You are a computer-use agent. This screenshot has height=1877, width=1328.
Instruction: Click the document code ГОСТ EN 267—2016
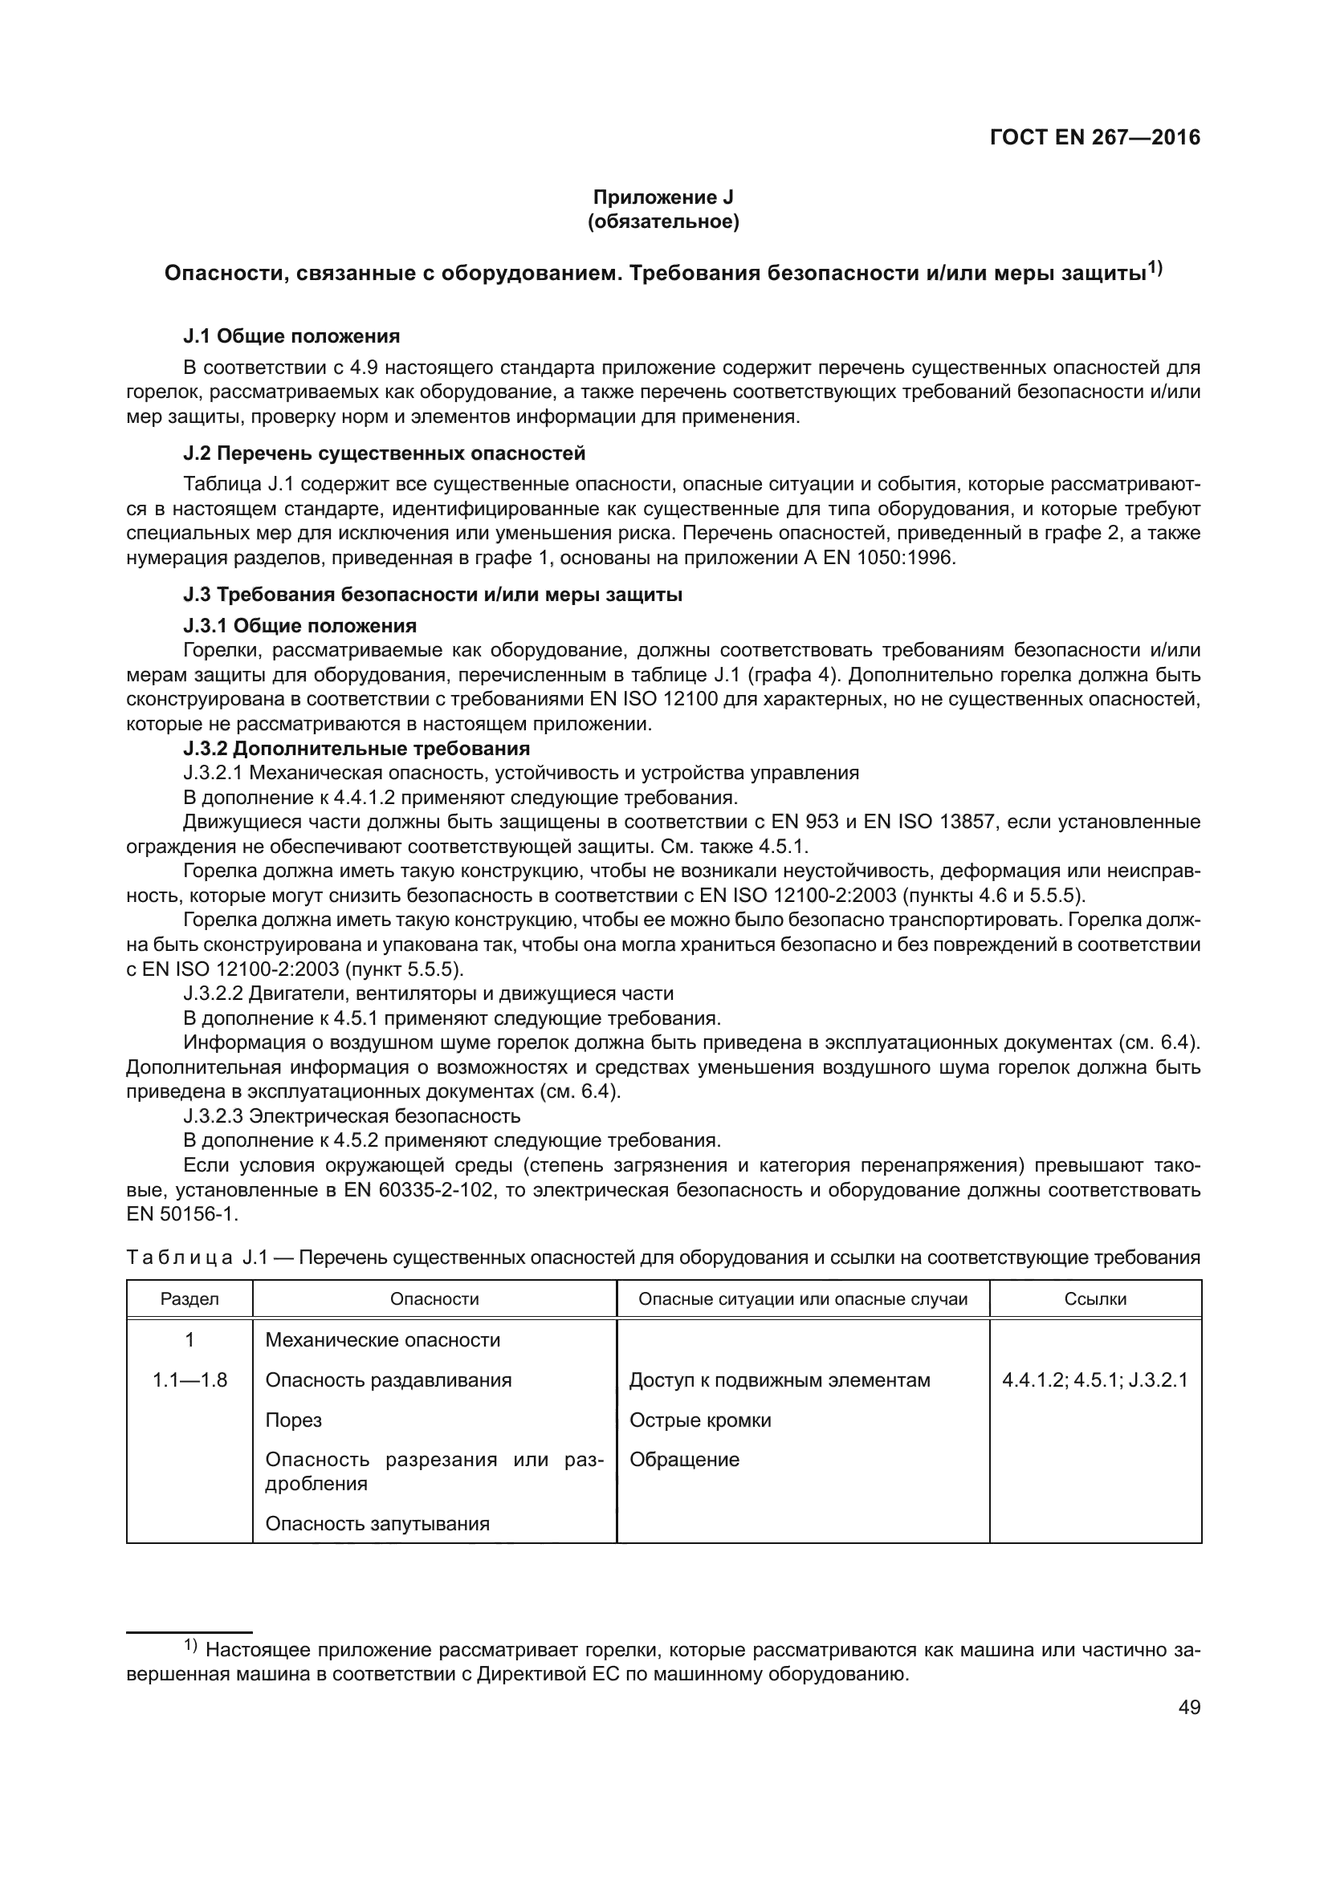point(1094,137)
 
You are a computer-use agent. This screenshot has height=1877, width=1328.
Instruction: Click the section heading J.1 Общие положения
point(291,336)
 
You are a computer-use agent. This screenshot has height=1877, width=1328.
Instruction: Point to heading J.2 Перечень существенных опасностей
point(385,453)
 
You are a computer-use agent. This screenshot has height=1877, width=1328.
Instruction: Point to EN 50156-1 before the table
point(181,1214)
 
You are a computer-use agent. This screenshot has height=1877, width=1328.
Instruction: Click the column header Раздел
point(189,1299)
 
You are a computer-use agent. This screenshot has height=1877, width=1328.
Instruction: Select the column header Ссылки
point(1095,1299)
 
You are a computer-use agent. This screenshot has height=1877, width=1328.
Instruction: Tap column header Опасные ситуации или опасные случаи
point(802,1299)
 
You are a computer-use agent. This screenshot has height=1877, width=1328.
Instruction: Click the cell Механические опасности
point(383,1340)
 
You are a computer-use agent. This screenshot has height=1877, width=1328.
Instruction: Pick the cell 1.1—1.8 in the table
point(189,1380)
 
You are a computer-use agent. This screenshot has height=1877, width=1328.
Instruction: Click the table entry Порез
point(294,1420)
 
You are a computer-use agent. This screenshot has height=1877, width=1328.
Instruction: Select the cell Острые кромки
point(700,1420)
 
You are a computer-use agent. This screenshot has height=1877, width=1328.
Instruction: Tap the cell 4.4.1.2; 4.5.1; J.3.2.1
point(1095,1380)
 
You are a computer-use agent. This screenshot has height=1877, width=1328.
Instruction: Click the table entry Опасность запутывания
point(377,1523)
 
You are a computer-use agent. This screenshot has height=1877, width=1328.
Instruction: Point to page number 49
point(1189,1707)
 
